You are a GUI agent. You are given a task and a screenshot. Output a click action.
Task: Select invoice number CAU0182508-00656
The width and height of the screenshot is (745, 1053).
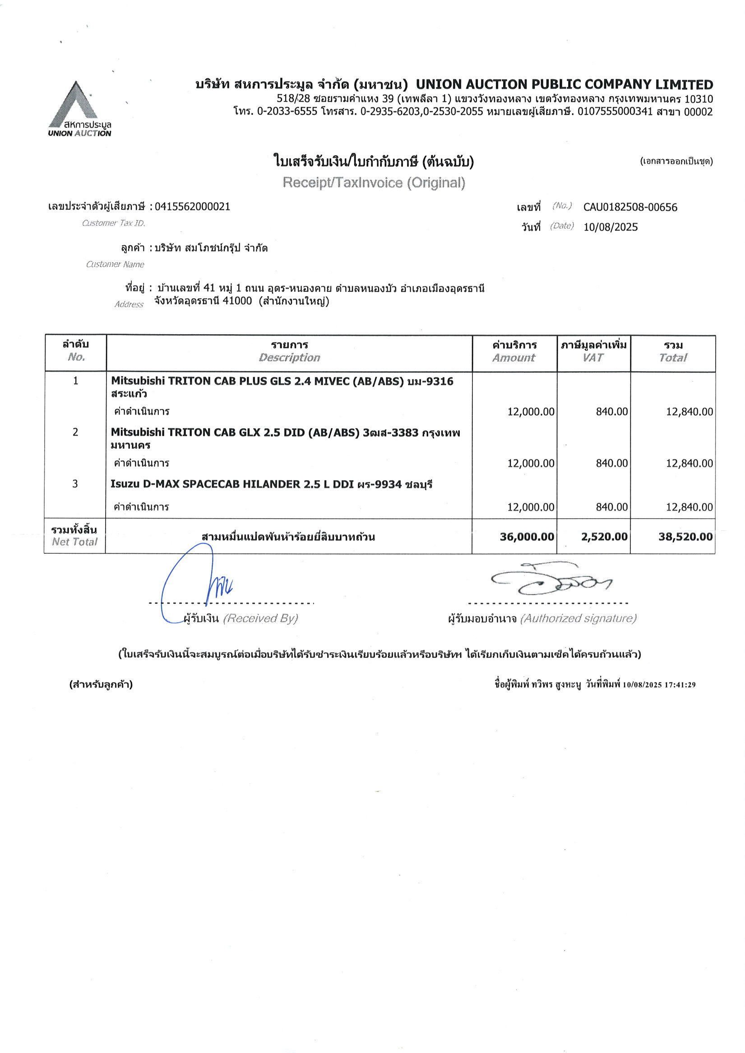click(x=630, y=207)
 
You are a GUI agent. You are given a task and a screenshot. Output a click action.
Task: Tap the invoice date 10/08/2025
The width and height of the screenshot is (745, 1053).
click(x=610, y=227)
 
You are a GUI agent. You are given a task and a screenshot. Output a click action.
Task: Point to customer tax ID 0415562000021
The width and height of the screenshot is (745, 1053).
click(x=192, y=207)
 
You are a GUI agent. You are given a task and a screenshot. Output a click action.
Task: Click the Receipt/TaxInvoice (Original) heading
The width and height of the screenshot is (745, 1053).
click(x=374, y=183)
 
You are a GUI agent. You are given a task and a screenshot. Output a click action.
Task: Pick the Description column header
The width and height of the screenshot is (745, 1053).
click(x=289, y=358)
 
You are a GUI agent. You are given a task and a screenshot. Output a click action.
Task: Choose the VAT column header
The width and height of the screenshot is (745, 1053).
click(x=592, y=358)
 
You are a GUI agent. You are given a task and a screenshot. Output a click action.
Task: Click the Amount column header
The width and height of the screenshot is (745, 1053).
click(x=514, y=358)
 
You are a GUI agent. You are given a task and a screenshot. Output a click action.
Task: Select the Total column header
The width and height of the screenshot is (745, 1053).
click(x=672, y=358)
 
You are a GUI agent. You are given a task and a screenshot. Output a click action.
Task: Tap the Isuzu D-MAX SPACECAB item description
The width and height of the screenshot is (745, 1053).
click(x=271, y=484)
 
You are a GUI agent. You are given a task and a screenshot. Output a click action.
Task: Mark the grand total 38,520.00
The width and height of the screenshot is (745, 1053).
click(x=685, y=537)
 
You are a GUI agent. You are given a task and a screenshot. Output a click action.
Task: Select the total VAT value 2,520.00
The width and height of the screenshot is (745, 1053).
click(x=604, y=537)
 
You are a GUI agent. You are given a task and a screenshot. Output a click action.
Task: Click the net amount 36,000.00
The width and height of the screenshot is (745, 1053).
click(x=527, y=537)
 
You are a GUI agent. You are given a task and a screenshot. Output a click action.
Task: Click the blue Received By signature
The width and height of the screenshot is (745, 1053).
click(x=197, y=583)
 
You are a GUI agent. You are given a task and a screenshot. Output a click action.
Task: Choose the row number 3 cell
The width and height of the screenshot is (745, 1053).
click(x=75, y=483)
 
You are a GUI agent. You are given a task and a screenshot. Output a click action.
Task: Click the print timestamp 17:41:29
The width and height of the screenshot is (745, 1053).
click(x=680, y=685)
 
